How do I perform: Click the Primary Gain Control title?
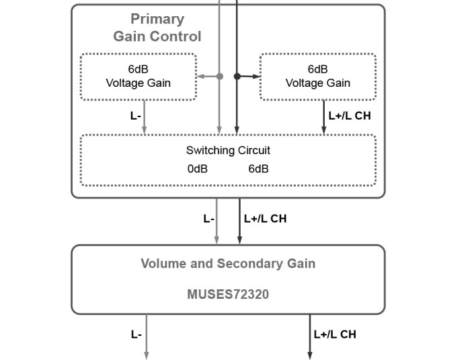click(157, 28)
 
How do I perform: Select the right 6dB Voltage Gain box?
click(317, 77)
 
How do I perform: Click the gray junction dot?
click(219, 77)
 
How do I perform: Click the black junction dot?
click(237, 77)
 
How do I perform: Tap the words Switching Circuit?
click(228, 151)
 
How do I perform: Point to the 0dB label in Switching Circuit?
click(197, 169)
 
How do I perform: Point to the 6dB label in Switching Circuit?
click(258, 169)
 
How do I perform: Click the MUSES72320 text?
click(228, 294)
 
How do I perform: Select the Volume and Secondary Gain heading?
click(228, 264)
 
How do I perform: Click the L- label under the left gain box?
click(135, 116)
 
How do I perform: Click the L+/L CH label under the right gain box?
click(349, 116)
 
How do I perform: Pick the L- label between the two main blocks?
click(208, 219)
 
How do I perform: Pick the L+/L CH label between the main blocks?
click(265, 219)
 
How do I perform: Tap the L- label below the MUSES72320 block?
click(136, 334)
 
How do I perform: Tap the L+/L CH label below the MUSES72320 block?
click(334, 334)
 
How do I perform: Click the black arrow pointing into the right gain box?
click(254, 77)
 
